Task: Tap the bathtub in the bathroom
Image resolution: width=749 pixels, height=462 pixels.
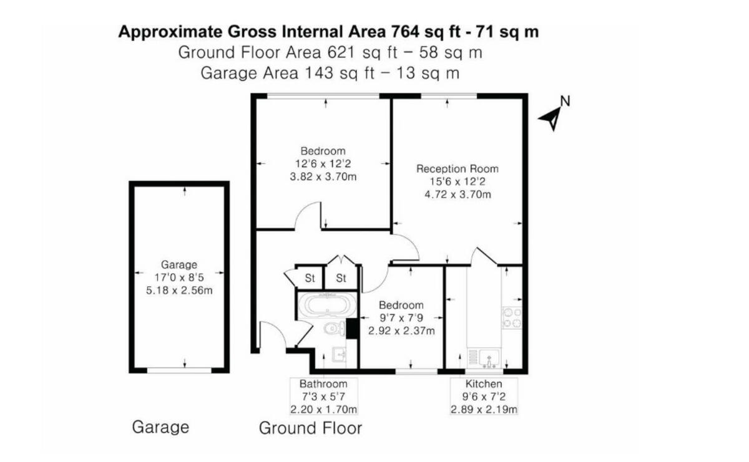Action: coord(327,306)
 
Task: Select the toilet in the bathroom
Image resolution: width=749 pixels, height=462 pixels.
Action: coord(331,329)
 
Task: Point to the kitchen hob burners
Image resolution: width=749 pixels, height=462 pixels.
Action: coord(512,317)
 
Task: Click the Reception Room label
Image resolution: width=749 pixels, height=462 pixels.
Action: coord(458,169)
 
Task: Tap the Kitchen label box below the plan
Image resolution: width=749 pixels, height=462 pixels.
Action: coord(484,397)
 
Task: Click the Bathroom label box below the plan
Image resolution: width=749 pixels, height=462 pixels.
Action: coord(323,397)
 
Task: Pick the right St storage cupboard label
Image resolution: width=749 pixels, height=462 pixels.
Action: coord(341,277)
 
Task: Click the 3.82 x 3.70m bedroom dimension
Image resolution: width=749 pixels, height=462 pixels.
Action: coord(323,176)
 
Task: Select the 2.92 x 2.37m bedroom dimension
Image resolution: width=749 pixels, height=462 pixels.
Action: coord(401,331)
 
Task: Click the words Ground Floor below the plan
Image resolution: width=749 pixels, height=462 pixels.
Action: coord(310,428)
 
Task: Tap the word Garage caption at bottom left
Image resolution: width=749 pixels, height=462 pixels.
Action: coord(160,427)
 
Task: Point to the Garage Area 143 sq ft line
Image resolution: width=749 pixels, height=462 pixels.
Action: coord(330,73)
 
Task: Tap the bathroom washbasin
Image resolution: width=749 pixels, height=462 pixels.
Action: coord(340,355)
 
